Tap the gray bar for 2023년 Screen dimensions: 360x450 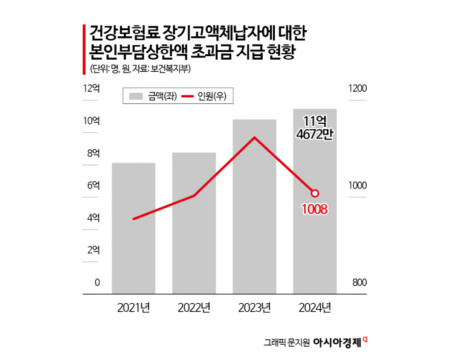point(254,205)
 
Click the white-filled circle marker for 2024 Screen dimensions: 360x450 point(315,193)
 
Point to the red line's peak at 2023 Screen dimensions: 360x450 point(254,138)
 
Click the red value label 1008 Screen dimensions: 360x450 point(315,210)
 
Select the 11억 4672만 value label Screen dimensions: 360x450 point(315,127)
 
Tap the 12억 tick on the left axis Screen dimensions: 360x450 point(91,89)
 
